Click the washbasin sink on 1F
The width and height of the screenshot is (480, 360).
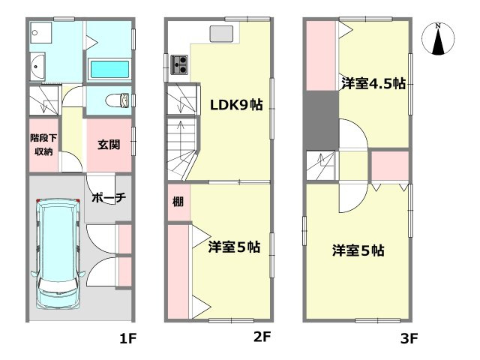(38, 69)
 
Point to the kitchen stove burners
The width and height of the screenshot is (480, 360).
(180, 64)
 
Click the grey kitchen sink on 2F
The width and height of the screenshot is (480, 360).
(222, 33)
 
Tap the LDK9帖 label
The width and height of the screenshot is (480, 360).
(235, 105)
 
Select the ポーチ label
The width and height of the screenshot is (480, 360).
(108, 198)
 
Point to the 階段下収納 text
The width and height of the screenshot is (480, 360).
(42, 145)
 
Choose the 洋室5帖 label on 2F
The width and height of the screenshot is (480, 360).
(235, 246)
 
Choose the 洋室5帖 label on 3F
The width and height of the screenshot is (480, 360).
(358, 250)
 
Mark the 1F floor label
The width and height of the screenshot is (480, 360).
(128, 338)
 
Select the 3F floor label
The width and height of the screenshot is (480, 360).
(408, 338)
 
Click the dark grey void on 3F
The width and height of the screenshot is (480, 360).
(322, 119)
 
